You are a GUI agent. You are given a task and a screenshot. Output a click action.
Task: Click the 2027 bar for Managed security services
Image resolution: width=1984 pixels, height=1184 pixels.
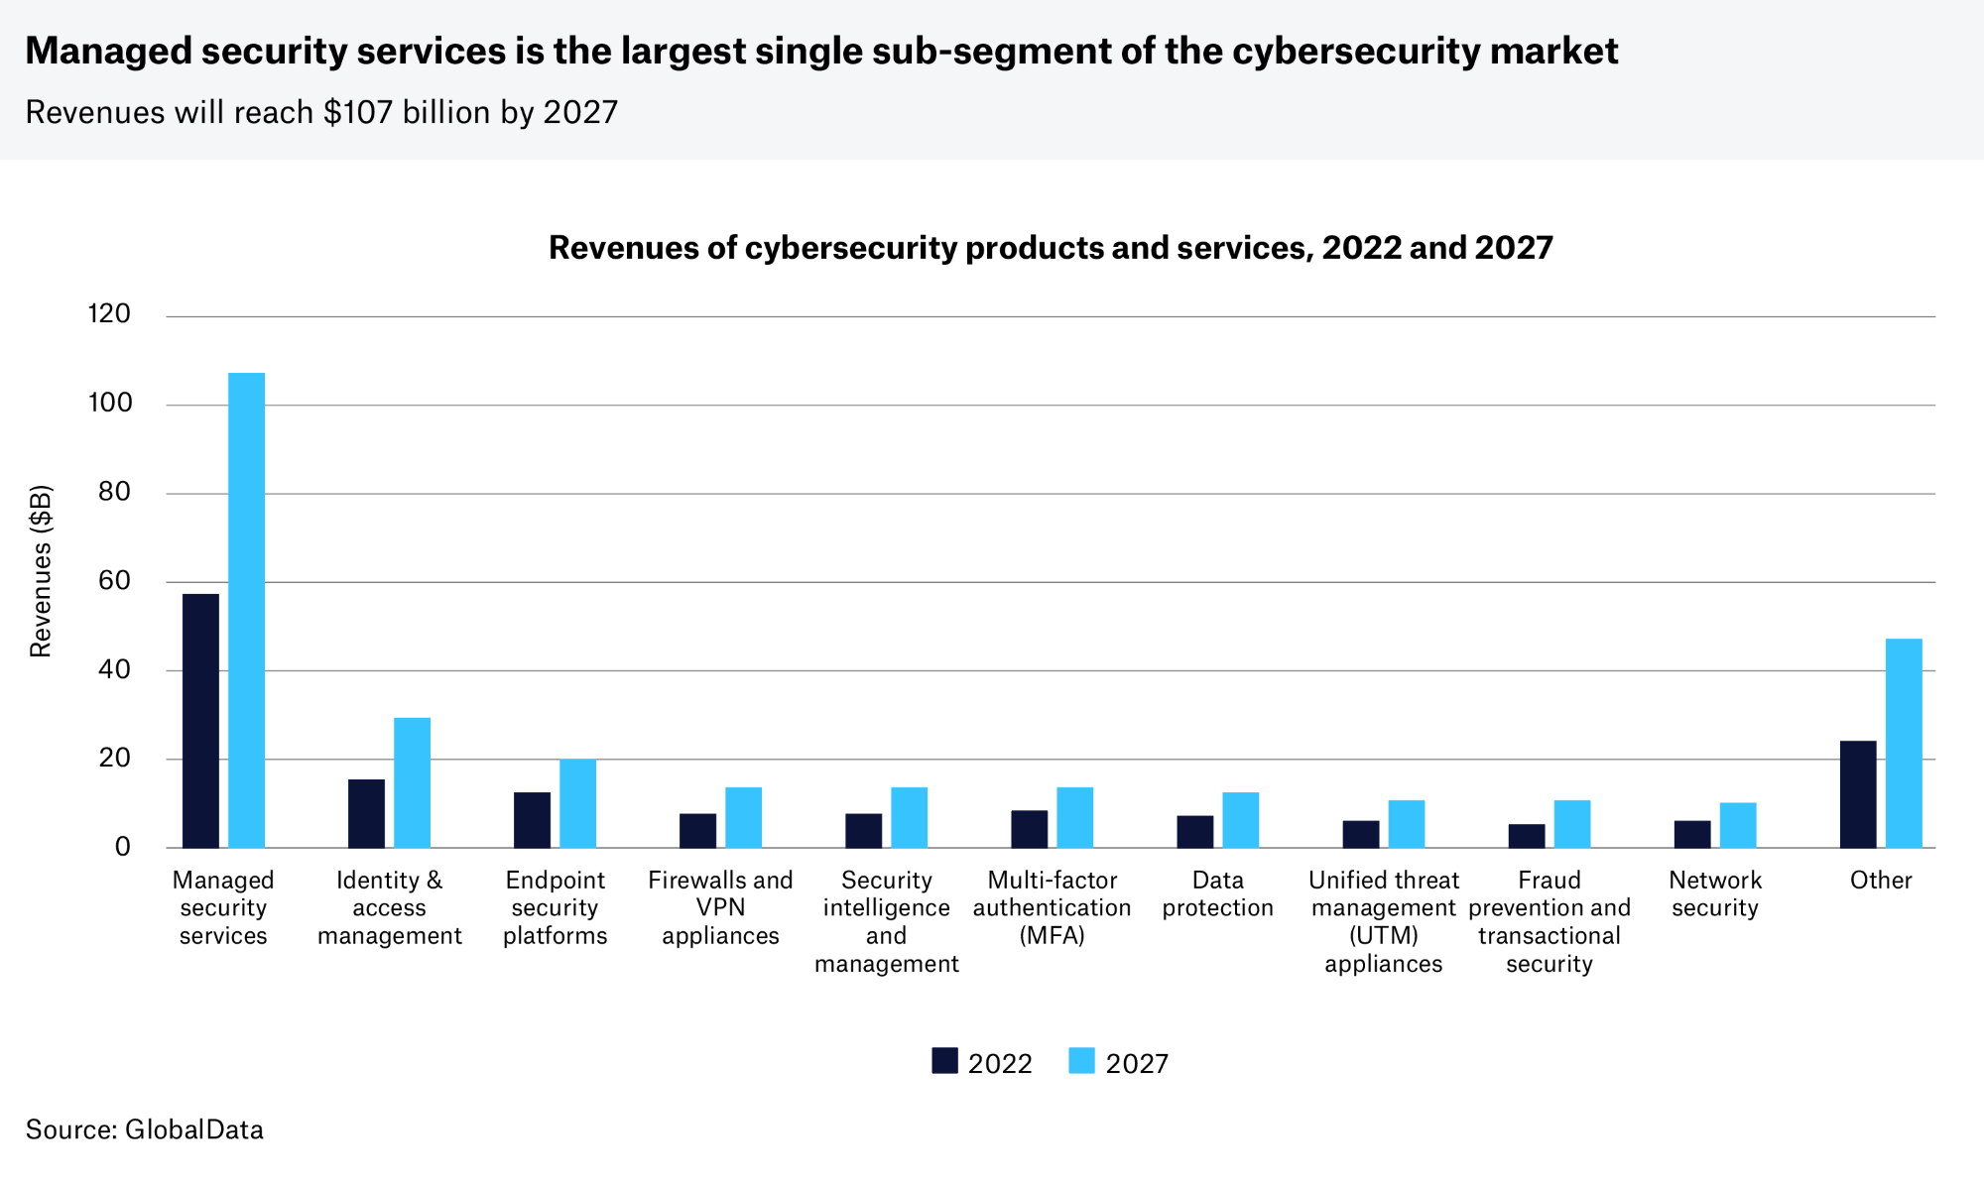246,610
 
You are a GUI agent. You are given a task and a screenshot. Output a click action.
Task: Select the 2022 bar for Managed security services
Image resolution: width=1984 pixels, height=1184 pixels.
200,721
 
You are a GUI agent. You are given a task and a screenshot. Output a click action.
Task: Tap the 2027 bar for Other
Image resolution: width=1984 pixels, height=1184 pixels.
1904,743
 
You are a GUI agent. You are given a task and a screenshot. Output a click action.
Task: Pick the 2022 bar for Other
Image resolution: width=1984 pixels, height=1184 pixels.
1858,794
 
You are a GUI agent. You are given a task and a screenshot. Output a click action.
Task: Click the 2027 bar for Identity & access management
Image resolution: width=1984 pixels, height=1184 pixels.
412,782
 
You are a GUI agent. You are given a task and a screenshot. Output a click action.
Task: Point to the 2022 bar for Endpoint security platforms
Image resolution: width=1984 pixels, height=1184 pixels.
532,820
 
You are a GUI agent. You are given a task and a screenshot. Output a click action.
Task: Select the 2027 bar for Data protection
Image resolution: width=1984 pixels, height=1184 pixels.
1240,820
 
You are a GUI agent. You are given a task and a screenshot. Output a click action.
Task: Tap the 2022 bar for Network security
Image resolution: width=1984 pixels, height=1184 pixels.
1692,834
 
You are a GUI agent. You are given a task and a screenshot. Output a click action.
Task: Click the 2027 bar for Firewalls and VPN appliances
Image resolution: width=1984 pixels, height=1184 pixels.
743,817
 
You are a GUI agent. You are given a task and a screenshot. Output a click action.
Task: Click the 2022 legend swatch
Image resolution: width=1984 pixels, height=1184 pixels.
944,1061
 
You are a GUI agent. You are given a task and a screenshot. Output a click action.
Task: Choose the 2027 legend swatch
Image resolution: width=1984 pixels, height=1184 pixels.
1081,1061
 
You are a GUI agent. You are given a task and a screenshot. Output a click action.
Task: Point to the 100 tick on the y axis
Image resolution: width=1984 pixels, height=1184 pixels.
110,403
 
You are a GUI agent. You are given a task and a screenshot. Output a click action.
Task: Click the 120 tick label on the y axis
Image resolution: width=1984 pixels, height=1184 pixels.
110,314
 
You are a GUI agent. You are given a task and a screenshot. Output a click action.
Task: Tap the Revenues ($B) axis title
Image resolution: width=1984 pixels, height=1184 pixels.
41,571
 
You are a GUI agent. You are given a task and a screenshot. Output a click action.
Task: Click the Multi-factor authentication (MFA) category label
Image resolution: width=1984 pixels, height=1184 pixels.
1052,907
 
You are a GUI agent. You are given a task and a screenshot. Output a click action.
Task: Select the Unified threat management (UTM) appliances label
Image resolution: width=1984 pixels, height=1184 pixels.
1383,921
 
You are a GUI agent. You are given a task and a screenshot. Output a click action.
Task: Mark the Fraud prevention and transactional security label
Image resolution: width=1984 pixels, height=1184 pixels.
1549,921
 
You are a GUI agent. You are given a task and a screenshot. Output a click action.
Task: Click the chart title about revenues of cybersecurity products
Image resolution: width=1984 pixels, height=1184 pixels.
1051,247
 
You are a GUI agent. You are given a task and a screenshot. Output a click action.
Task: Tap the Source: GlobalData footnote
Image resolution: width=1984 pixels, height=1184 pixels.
145,1129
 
